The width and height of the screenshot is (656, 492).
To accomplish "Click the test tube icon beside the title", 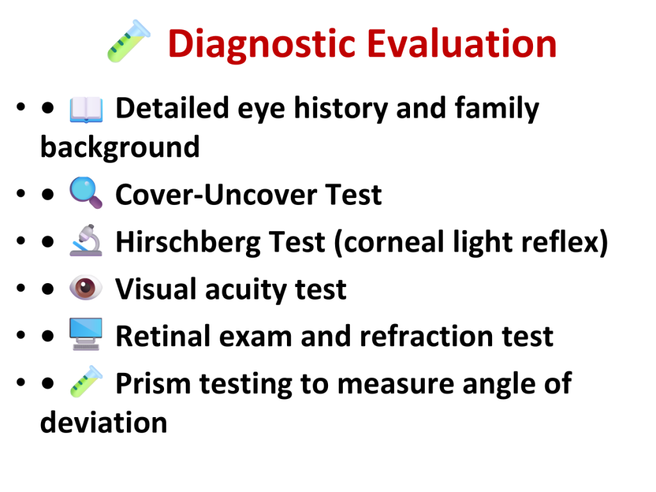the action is point(128,42).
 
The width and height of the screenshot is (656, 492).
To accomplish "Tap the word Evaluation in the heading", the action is point(462,43).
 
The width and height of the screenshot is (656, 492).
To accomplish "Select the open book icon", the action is point(86,110).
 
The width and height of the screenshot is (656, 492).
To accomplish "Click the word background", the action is point(120,148).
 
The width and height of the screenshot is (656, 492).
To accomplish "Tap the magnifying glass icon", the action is point(86,193).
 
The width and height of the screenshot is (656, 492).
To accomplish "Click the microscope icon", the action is point(86,240).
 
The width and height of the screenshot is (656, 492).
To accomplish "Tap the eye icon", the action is point(86,288).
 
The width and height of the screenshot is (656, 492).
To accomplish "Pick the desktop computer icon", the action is point(86,334).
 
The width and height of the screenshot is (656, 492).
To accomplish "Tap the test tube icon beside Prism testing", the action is point(86,381).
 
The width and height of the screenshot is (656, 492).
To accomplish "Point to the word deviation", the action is point(104,422).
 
